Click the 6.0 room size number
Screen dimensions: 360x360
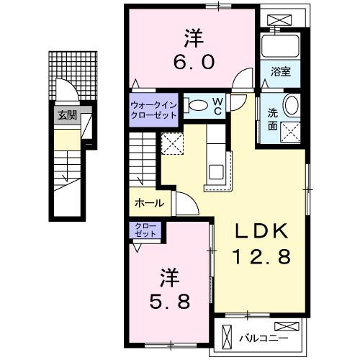[x=192, y=62]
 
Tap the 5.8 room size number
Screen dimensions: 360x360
[x=169, y=300]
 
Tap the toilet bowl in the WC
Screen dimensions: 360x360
[x=195, y=104]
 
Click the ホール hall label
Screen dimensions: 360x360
[x=149, y=204]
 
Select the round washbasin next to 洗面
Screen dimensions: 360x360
[x=292, y=105]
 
